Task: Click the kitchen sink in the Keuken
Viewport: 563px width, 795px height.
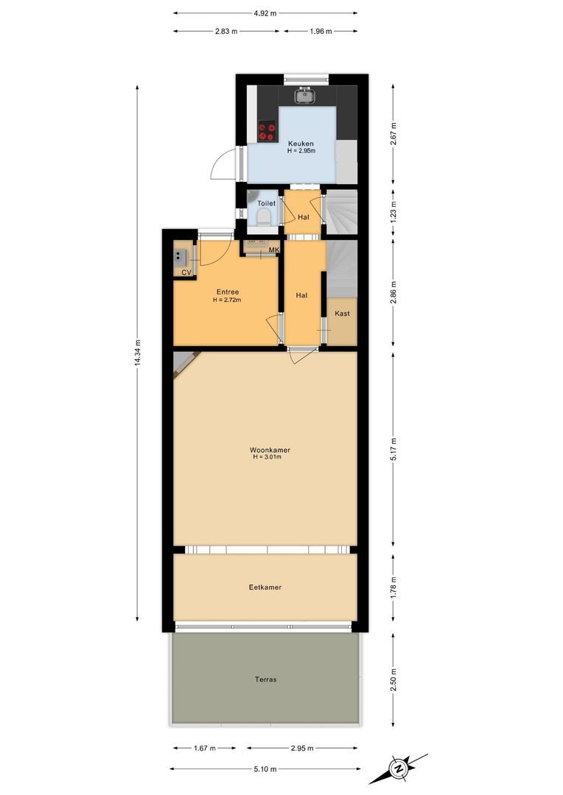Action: pyautogui.click(x=303, y=95)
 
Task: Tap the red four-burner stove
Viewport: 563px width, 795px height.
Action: pyautogui.click(x=266, y=131)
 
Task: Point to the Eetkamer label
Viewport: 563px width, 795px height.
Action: pyautogui.click(x=265, y=587)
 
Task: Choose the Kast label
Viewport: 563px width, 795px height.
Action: pyautogui.click(x=342, y=314)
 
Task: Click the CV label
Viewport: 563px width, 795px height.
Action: pyautogui.click(x=186, y=273)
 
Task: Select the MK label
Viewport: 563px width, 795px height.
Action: pyautogui.click(x=274, y=250)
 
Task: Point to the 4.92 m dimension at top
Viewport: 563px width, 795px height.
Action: pyautogui.click(x=265, y=13)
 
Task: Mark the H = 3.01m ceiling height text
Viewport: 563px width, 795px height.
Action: pyautogui.click(x=268, y=457)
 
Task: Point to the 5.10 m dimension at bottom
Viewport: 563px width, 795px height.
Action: pyautogui.click(x=265, y=769)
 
